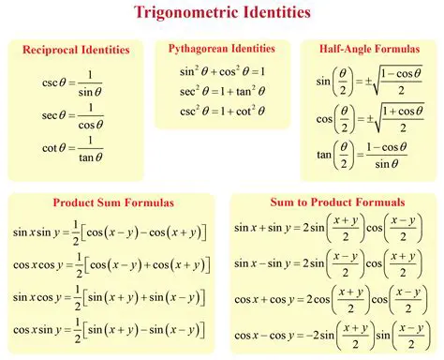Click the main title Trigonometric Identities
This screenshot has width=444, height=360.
(x=222, y=13)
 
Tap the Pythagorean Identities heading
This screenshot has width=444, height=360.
(x=222, y=48)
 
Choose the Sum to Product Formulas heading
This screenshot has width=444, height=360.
(x=336, y=202)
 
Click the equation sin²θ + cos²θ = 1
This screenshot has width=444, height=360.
(x=223, y=71)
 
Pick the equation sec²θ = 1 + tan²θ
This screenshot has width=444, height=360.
(x=223, y=92)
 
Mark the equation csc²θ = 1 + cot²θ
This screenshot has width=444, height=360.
(x=223, y=112)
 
